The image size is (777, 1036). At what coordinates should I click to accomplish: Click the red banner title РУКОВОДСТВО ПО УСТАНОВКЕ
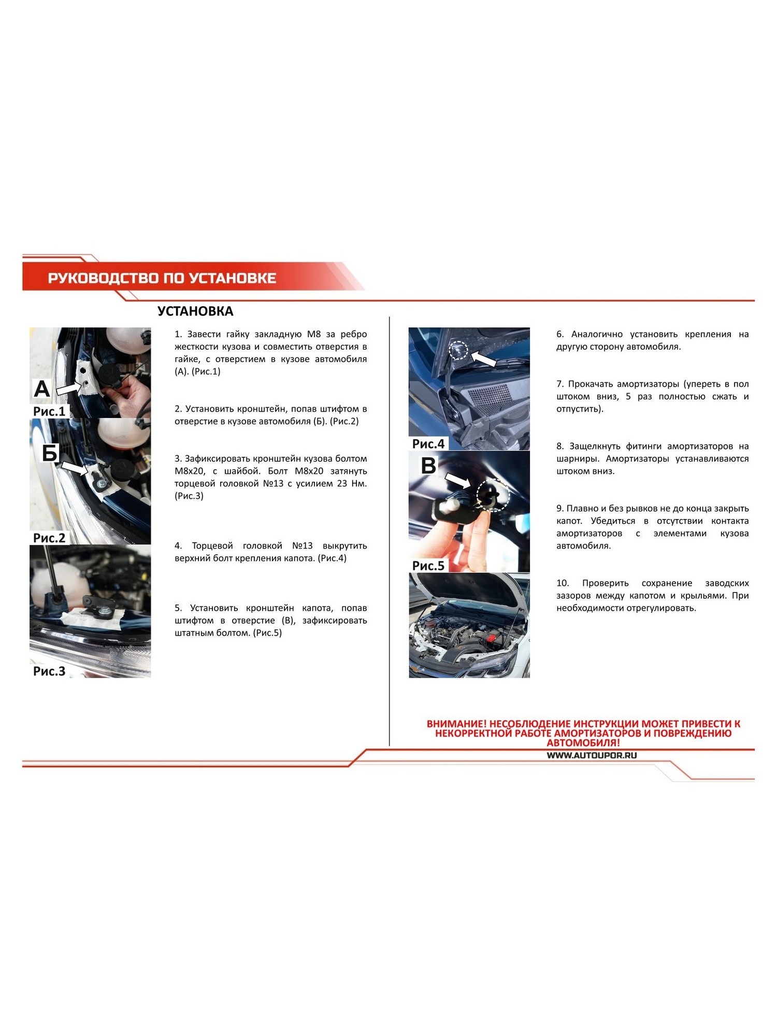tap(162, 278)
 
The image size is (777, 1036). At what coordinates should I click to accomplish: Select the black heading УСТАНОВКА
tap(195, 311)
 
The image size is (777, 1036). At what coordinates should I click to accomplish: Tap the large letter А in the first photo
tap(42, 389)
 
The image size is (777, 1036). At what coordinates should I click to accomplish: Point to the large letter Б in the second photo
tap(50, 453)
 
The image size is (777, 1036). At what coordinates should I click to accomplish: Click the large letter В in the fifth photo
tap(428, 466)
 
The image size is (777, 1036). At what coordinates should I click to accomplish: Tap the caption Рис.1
tap(49, 411)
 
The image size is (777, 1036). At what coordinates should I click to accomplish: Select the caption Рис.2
tap(49, 538)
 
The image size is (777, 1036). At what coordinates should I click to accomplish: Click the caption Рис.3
tap(49, 671)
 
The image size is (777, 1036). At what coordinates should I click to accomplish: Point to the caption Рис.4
tap(428, 444)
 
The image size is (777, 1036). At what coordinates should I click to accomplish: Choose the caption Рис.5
tap(428, 566)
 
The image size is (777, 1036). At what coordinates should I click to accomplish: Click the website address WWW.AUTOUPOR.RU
tap(592, 755)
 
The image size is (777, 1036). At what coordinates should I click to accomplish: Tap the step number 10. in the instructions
tap(563, 583)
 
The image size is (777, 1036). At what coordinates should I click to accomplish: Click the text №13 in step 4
tap(303, 546)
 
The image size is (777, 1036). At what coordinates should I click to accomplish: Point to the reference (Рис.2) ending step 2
tap(344, 422)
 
